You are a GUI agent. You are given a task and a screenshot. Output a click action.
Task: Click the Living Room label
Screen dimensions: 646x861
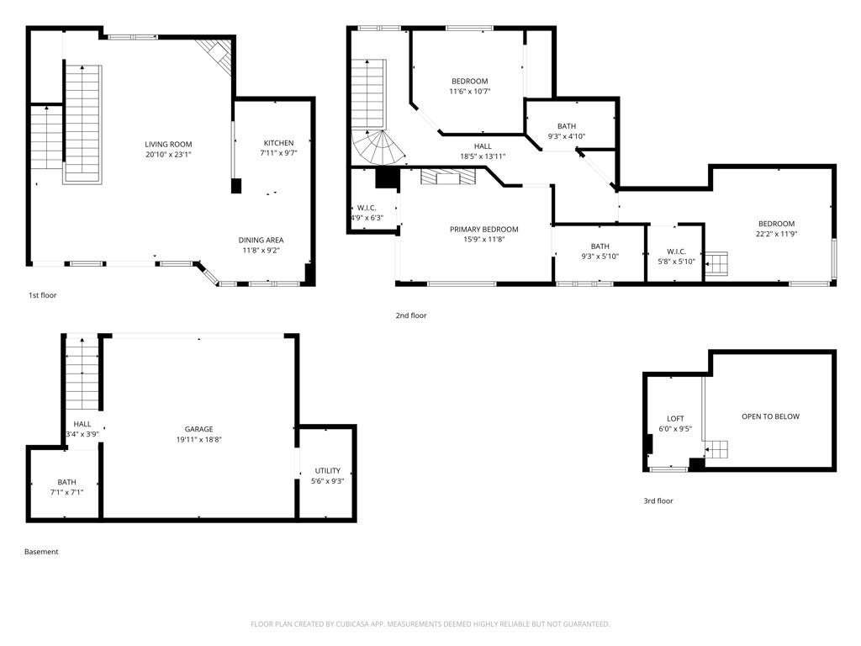[x=168, y=144]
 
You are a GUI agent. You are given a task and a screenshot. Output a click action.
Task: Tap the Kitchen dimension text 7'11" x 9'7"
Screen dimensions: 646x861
[x=278, y=153]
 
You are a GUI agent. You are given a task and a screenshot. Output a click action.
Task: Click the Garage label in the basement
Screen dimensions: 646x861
[x=199, y=429]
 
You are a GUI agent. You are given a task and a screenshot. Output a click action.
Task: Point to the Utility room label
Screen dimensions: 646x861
[x=328, y=470]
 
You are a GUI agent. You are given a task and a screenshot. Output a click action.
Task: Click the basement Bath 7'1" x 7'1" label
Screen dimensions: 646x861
[x=66, y=482]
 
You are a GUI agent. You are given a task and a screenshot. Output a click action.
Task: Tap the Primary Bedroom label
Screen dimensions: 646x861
[x=483, y=229]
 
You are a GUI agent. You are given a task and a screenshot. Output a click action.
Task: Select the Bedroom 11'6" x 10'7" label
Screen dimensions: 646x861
[x=469, y=81]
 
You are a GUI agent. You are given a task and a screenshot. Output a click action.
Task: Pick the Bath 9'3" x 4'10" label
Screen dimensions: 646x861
[x=566, y=126]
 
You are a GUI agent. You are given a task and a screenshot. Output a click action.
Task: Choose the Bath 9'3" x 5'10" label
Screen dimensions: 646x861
[x=600, y=246]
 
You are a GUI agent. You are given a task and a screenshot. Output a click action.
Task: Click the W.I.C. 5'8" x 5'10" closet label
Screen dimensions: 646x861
[x=676, y=252]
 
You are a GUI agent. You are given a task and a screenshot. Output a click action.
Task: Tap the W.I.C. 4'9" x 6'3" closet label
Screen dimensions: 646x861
[x=366, y=208]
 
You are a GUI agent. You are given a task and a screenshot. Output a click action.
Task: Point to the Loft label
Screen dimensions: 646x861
[x=675, y=418]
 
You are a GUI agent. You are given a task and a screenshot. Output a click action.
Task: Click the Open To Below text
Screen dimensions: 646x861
[x=770, y=416]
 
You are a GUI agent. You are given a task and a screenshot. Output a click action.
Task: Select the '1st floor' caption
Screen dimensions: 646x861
[x=43, y=295]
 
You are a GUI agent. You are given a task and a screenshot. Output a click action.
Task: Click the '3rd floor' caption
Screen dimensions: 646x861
[x=658, y=501]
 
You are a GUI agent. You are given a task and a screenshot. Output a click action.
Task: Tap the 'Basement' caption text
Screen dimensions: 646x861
[x=41, y=552]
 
